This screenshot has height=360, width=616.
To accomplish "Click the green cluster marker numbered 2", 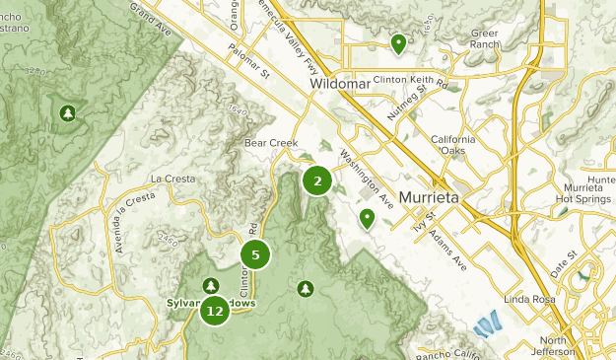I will click(316, 180).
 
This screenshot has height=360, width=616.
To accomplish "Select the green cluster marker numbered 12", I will click(215, 311).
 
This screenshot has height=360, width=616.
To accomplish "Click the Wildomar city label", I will click(339, 85).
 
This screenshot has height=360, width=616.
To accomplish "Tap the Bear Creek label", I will click(271, 143).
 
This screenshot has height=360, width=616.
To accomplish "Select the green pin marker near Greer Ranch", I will click(398, 43).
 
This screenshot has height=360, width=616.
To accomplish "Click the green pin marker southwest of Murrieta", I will click(368, 218).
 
